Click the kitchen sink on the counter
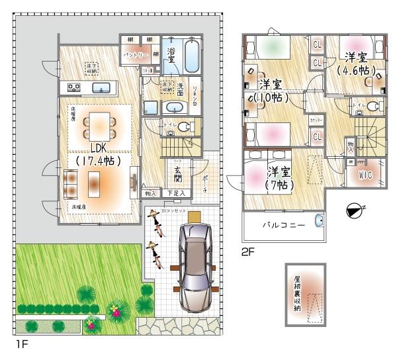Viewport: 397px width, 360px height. [101, 87]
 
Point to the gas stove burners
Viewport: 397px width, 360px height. [72, 87]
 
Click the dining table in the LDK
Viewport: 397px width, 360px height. [100, 123]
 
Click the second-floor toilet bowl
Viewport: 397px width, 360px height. [373, 106]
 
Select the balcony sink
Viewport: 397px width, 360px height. [318, 221]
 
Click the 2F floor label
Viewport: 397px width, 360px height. [247, 252]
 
